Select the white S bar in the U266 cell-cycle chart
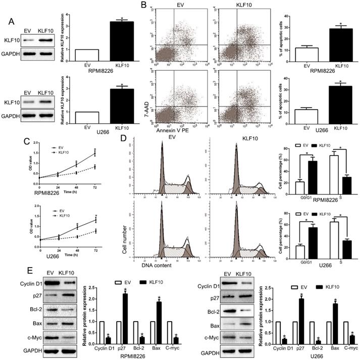click(x=334, y=235)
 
